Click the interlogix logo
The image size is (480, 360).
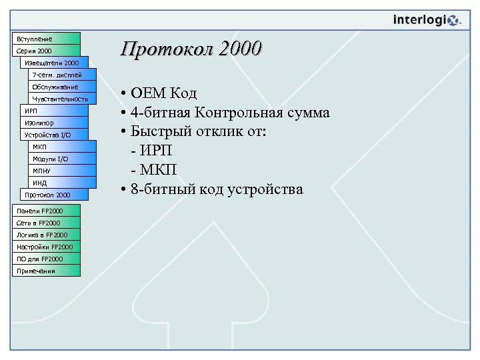click(x=426, y=20)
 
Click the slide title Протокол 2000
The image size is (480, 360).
click(x=191, y=49)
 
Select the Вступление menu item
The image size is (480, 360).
click(x=46, y=38)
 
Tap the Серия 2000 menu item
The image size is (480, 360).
click(x=46, y=51)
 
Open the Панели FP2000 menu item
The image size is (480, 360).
click(x=46, y=211)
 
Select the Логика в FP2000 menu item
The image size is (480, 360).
click(x=46, y=235)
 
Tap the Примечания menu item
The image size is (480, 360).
click(x=46, y=271)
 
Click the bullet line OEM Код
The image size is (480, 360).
click(x=164, y=93)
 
